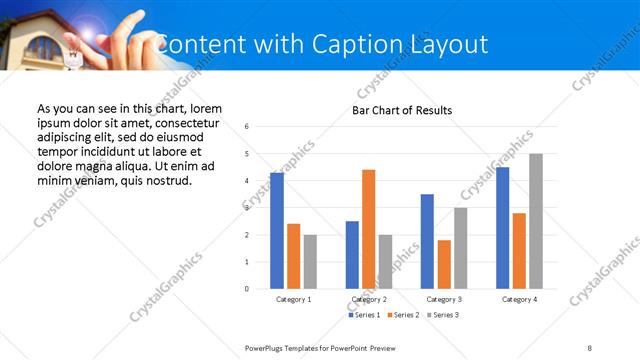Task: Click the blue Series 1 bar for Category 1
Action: click(277, 231)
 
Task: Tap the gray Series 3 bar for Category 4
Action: click(536, 221)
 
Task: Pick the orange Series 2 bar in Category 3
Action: click(444, 264)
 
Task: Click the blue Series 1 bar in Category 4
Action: click(503, 228)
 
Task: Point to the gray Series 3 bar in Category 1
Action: click(310, 262)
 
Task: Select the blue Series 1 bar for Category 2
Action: click(352, 255)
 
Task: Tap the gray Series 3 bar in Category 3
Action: click(460, 248)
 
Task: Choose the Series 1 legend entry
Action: click(364, 315)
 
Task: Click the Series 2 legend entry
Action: click(403, 315)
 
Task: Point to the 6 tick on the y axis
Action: click(247, 127)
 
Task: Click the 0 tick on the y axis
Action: click(247, 289)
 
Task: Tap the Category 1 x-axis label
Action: click(294, 299)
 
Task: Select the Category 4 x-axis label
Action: click(519, 299)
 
